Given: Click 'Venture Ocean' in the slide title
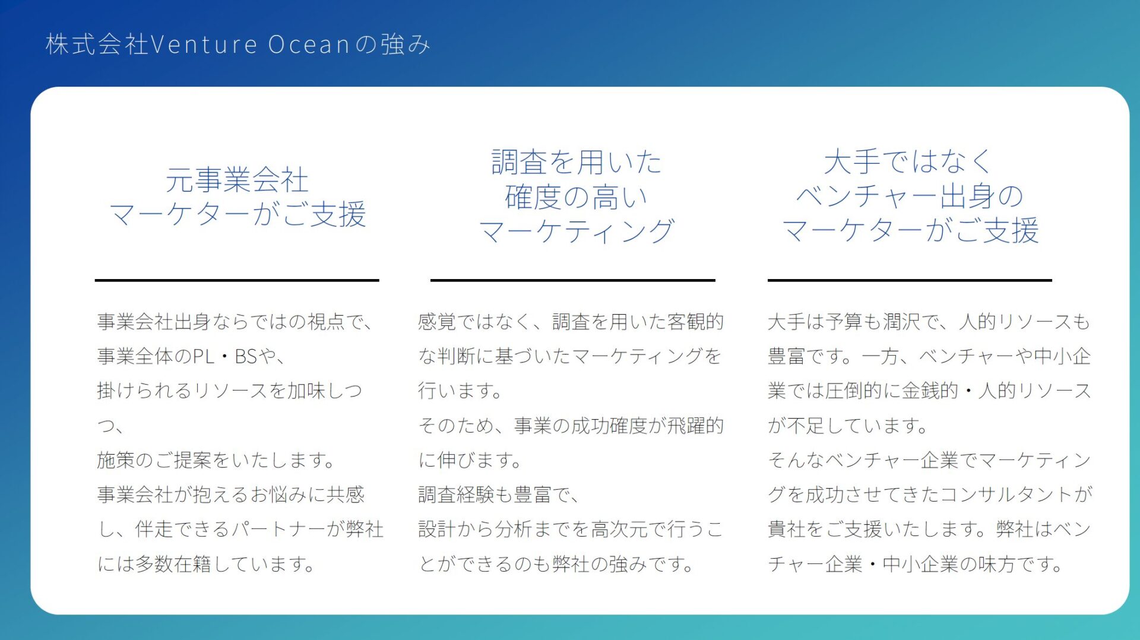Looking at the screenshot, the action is [250, 45].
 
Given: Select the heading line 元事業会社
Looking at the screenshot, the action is [237, 180].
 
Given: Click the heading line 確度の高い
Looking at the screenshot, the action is [576, 197].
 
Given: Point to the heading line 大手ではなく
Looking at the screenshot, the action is [908, 162].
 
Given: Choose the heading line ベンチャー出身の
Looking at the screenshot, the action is [910, 197].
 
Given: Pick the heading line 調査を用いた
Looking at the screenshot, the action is [576, 162].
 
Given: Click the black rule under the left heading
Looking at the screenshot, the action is [237, 280].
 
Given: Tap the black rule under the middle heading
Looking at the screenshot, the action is [573, 280].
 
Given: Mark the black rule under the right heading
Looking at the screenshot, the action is [910, 280].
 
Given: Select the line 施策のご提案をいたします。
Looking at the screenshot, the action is [216, 460].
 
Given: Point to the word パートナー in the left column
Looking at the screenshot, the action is [278, 529].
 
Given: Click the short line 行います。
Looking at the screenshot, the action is [460, 391].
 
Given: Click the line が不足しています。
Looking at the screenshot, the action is [847, 426].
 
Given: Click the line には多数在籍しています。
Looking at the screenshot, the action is [206, 564].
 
